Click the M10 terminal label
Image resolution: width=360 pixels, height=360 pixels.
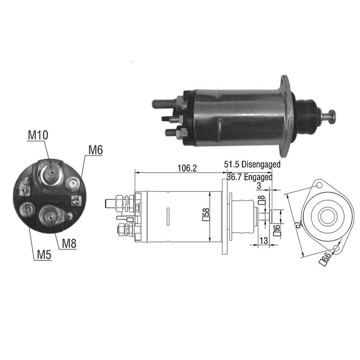click(x=38, y=135)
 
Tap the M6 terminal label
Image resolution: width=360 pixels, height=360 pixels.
click(x=95, y=150)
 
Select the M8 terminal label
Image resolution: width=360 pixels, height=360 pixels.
click(x=69, y=243)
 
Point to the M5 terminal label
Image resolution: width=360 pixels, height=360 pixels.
click(x=44, y=254)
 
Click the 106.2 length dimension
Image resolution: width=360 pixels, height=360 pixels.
click(x=187, y=168)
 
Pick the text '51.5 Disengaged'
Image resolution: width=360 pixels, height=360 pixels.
click(x=252, y=164)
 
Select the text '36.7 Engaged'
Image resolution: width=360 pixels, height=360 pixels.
click(x=250, y=177)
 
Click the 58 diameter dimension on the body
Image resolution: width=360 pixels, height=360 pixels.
click(x=206, y=215)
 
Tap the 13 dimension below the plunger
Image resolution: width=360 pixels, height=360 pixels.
click(x=264, y=240)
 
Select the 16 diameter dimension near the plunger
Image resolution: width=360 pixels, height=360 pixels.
click(x=277, y=230)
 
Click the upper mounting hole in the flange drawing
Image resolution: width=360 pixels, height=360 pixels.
click(x=319, y=185)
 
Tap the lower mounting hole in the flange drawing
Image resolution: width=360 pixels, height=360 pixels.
click(x=336, y=248)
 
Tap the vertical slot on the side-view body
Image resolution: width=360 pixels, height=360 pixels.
click(x=168, y=216)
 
